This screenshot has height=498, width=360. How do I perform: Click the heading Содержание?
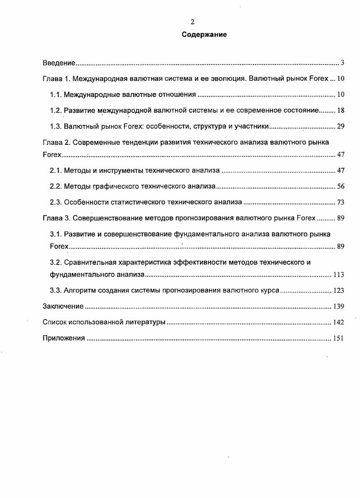pos(204,35)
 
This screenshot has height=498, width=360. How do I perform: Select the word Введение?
pos(59,63)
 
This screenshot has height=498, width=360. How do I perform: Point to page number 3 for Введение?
pos(343,63)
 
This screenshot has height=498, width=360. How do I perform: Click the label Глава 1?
pos(57,78)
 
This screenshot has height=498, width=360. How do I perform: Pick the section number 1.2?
pos(55,110)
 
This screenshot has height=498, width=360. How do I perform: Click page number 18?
pos(341,110)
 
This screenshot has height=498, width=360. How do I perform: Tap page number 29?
pos(341,126)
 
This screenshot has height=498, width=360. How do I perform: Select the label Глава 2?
pos(57,142)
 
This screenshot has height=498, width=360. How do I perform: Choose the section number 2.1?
pos(55,171)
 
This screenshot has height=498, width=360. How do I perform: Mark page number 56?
pos(341,186)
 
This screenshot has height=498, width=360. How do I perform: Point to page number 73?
pos(341,202)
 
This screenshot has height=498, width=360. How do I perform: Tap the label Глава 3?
pos(57,218)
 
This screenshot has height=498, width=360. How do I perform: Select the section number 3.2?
pos(55,262)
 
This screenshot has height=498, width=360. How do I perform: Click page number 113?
pos(338,274)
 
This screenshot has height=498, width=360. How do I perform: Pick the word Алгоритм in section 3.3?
pos(79,290)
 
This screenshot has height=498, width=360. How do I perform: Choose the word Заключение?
pos(63,306)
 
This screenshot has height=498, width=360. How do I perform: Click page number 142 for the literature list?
pos(338,322)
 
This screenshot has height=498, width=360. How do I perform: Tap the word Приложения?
pos(64,338)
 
